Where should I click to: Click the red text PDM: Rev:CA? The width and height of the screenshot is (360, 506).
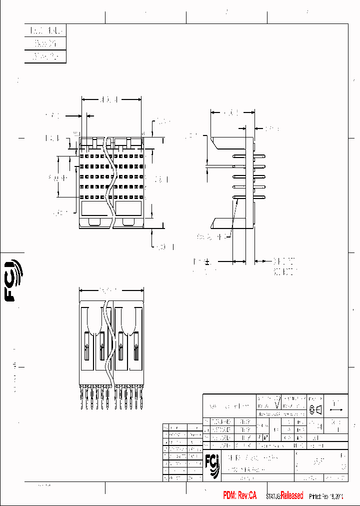pos(240,495)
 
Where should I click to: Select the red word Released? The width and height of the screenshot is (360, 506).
pos(292,495)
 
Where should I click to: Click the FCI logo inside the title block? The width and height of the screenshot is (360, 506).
pos(212,465)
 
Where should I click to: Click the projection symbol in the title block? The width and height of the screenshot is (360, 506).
pos(316,410)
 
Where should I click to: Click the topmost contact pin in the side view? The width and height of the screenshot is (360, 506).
pos(248,156)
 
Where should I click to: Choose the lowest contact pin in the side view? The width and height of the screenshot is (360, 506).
pos(248,196)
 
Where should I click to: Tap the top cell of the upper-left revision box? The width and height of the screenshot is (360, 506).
pos(45,31)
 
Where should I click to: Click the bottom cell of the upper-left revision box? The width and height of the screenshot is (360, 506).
pos(45,57)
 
